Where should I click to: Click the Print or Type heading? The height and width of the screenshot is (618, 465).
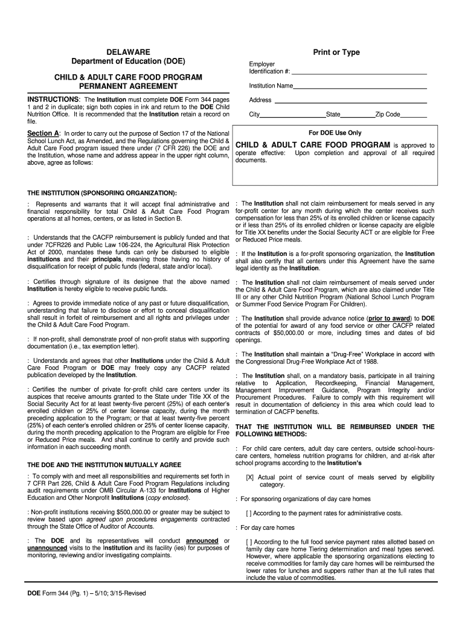[x=336, y=53]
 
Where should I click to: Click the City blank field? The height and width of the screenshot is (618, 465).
[x=292, y=115]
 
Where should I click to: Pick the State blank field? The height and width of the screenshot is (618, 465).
[x=358, y=115]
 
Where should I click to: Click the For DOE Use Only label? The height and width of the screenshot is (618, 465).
[x=335, y=133]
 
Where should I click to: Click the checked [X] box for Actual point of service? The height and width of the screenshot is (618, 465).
[x=249, y=477]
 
